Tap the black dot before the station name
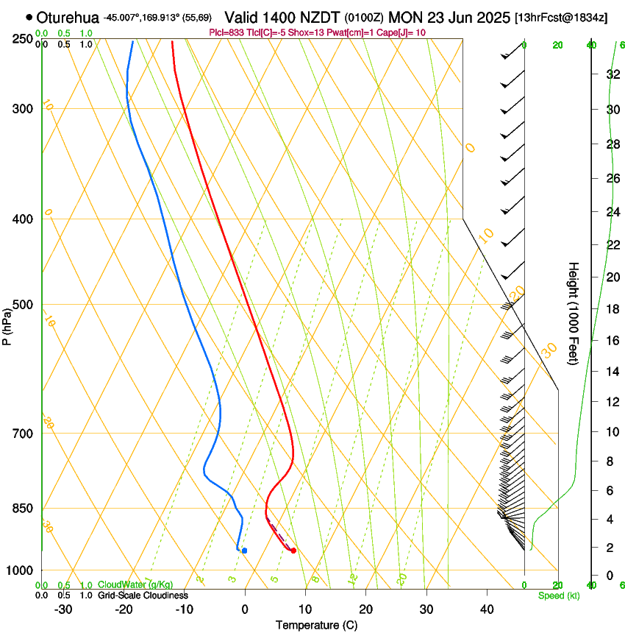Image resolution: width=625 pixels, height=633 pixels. coord(29,17)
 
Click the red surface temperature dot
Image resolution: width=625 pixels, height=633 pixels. coord(293,551)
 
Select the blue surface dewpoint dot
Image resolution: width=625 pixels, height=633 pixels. coord(244,551)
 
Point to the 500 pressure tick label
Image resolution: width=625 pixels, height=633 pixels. coord(24,305)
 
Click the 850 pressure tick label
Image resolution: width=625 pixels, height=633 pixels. coord(24,509)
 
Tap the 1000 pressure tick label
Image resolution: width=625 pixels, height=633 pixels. coord(21,570)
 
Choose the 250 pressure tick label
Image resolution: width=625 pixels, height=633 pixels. coord(24,38)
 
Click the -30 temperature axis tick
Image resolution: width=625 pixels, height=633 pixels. coord(63,609)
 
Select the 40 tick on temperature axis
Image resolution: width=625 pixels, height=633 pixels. coord(487,609)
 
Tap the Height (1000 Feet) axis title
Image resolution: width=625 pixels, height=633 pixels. coord(574,313)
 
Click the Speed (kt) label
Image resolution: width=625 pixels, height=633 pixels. coord(558,595)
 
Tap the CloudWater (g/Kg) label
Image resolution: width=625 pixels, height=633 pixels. coord(135,585)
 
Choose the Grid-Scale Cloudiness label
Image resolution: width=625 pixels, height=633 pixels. coord(143,595)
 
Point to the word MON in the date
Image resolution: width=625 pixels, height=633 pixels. coord(404,17)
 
